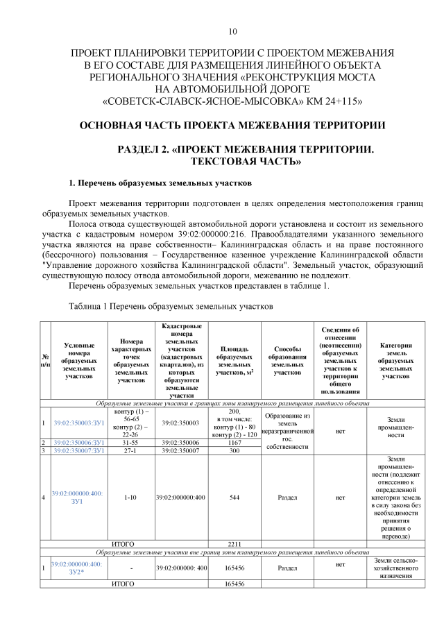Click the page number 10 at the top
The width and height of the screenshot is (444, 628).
point(232,31)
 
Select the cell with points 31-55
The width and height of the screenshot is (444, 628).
point(131,442)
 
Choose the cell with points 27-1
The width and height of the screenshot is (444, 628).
point(131,450)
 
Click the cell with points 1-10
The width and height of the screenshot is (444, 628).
point(131,497)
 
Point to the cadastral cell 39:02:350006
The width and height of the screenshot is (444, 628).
point(182,442)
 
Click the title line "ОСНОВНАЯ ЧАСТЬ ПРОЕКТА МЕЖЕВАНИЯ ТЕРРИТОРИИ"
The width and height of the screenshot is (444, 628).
point(232,126)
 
